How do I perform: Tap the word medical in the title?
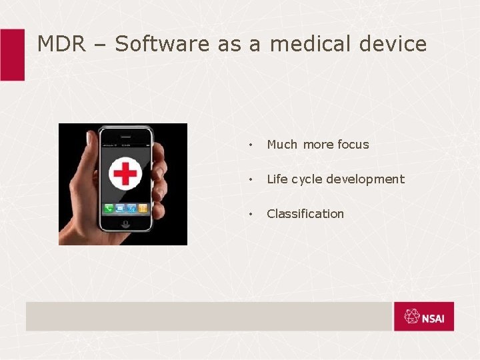pyautogui.click(x=311, y=44)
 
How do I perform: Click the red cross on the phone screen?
pyautogui.click(x=124, y=173)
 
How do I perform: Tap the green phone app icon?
pyautogui.click(x=108, y=209)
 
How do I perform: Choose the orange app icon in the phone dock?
pyautogui.click(x=142, y=209)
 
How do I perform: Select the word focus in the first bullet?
pyautogui.click(x=353, y=145)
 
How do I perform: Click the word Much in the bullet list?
pyautogui.click(x=282, y=145)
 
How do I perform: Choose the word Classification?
pyautogui.click(x=305, y=214)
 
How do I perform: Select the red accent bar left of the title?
pyautogui.click(x=12, y=55)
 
